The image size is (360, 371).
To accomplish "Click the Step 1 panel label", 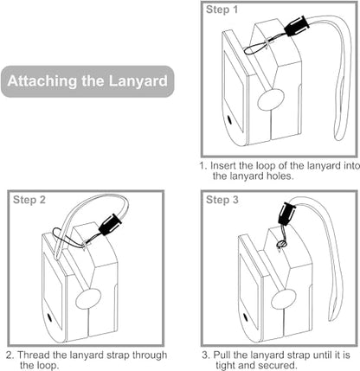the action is click(x=222, y=10).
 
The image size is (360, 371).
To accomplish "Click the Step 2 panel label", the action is click(x=29, y=200).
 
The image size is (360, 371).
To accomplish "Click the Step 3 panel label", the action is click(x=222, y=200).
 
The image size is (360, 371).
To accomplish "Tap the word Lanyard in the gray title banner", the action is click(x=138, y=81).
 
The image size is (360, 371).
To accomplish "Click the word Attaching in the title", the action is click(x=42, y=81).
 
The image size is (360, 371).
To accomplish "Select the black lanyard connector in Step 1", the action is click(x=297, y=26).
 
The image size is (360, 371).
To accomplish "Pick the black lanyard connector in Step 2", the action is click(x=110, y=224).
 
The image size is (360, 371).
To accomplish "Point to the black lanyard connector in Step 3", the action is click(x=286, y=214).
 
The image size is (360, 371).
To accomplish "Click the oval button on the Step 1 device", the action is click(x=271, y=99).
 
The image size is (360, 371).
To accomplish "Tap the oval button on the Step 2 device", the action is click(x=88, y=298).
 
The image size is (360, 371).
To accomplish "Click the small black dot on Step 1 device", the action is click(x=230, y=119).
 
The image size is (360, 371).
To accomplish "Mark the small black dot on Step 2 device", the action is click(x=49, y=317).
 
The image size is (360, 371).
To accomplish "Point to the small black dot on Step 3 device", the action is click(x=246, y=317).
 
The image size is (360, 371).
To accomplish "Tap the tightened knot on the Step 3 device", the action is click(x=281, y=245).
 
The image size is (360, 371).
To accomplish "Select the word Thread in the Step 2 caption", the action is click(x=34, y=355).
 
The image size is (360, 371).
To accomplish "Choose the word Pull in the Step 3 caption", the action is click(x=222, y=355).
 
